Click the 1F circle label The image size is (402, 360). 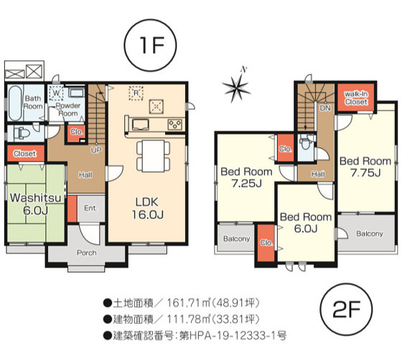click(x=150, y=45)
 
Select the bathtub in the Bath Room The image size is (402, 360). click(x=14, y=103)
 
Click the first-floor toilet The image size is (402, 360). click(x=22, y=134)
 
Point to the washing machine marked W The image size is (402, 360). click(x=56, y=93)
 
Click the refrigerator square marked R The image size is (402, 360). click(x=136, y=93)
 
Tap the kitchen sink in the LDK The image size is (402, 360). click(x=141, y=124)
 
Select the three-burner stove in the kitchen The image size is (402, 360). click(x=175, y=124)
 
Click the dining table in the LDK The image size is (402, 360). click(x=154, y=156)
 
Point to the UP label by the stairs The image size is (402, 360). click(x=96, y=150)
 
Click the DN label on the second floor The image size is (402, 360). click(x=325, y=108)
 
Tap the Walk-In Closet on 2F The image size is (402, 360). click(x=356, y=98)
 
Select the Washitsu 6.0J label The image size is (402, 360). click(x=36, y=204)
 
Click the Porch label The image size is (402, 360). click(x=87, y=253)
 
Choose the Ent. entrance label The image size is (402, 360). click(x=90, y=208)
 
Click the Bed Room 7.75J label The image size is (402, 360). click(x=365, y=167)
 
